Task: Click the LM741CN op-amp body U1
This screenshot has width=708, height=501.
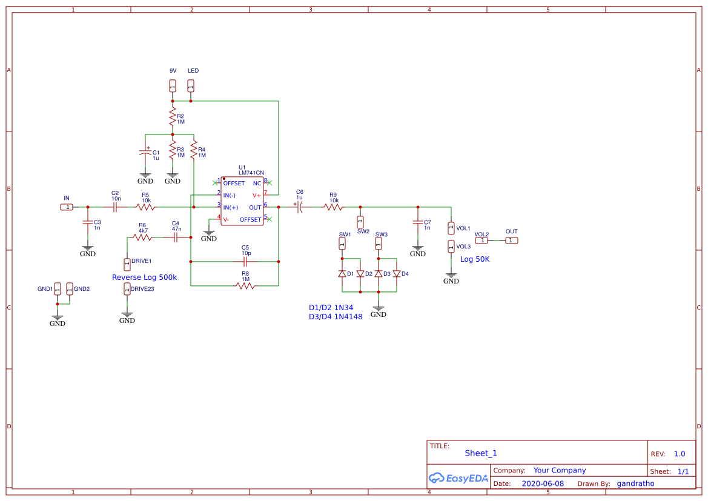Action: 242,201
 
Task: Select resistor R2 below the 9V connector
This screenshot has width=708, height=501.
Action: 173,116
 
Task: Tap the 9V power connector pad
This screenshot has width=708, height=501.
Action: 173,86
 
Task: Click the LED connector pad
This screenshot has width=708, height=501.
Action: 191,86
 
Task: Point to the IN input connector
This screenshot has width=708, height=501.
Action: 67,207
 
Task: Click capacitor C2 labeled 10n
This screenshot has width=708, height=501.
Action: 115,207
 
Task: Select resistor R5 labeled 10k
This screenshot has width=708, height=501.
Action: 145,207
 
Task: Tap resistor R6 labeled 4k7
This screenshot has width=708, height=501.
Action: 143,238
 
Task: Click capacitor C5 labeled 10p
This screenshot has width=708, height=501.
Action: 245,262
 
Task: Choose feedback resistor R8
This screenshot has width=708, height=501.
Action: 245,285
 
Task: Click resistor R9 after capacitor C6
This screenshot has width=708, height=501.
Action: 333,207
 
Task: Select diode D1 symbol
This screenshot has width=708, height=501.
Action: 342,274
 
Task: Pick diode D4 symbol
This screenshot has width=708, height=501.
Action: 397,274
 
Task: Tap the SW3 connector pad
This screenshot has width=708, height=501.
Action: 379,244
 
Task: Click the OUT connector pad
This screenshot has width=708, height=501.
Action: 512,241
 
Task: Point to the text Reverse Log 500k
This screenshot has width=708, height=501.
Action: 144,277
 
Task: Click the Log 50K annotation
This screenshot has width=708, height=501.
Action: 475,259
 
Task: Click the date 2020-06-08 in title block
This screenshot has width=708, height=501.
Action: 543,483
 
